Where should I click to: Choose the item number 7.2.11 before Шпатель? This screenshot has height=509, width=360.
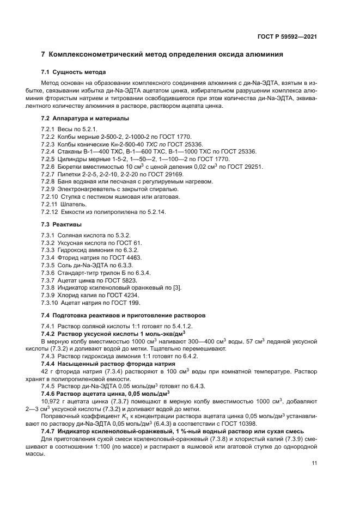50,204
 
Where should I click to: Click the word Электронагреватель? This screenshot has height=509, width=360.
89,188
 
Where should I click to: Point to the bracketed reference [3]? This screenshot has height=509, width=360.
176,287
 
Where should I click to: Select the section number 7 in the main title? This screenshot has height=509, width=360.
44,54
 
